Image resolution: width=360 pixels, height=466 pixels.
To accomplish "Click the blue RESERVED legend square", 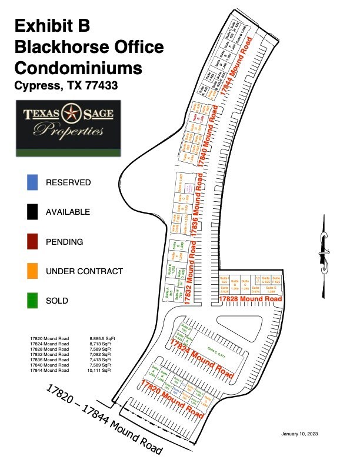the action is [x=32, y=182].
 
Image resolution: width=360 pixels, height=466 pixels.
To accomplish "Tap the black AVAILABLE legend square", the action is [x=32, y=212].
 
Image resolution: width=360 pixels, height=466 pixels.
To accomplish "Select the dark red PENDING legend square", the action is [x=32, y=242].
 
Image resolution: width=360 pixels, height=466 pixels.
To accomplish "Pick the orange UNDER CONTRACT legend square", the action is [x=32, y=271].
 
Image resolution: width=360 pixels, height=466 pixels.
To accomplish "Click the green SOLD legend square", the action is [x=32, y=301].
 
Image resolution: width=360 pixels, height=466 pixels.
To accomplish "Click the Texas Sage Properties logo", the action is [x=68, y=127].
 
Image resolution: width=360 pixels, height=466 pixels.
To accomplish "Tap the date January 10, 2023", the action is [x=301, y=434].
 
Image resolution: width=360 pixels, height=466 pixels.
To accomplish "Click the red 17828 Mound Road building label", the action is [x=250, y=299].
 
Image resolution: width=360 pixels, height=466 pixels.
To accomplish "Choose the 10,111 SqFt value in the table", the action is [x=100, y=371].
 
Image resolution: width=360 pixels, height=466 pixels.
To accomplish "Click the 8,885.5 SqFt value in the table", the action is [x=101, y=339].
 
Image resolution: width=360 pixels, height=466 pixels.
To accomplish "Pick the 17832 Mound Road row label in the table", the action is [x=49, y=355].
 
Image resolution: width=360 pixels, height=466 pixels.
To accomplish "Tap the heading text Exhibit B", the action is [x=52, y=25].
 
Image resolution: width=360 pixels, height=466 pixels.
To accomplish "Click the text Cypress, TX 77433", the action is [x=66, y=85].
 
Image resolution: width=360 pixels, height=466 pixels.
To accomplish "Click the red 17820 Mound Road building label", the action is [x=172, y=399].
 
